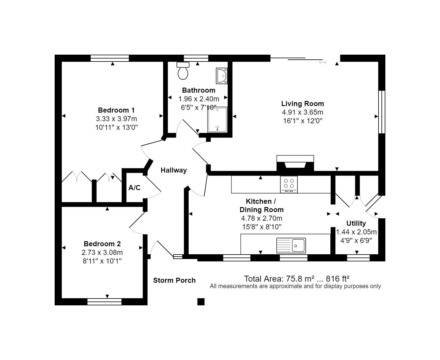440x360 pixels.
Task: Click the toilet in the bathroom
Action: click(x=183, y=71)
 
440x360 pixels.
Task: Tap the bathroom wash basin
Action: click(x=222, y=76)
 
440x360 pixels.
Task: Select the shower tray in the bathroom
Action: click(x=217, y=120)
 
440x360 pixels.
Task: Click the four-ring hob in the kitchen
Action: click(x=289, y=184)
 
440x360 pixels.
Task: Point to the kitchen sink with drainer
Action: click(x=291, y=245)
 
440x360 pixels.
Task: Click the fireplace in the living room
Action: click(x=295, y=163)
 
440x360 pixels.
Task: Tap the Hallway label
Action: click(x=174, y=170)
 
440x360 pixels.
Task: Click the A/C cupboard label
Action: click(x=134, y=188)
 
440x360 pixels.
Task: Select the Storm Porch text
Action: click(x=174, y=280)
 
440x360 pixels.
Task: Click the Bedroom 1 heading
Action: click(x=116, y=110)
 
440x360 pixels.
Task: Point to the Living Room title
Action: click(x=302, y=104)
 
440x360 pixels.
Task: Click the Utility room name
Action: click(x=356, y=223)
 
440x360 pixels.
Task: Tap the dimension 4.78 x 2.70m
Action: click(x=262, y=218)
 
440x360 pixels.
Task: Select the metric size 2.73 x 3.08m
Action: click(x=102, y=252)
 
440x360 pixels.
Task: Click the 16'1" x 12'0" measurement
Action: click(x=303, y=121)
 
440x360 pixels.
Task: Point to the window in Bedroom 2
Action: click(x=104, y=301)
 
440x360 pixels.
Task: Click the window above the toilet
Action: click(x=196, y=58)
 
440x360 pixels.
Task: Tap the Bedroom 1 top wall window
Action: click(x=110, y=58)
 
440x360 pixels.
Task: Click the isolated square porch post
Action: click(x=201, y=301)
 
